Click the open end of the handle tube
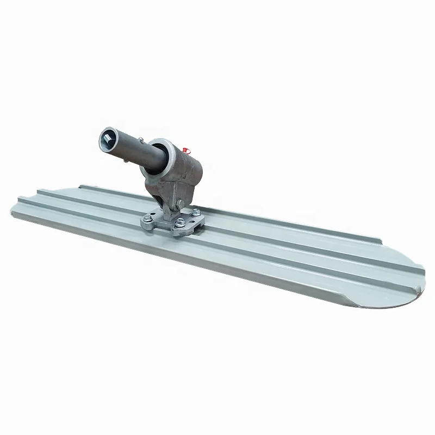coord(108,140)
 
